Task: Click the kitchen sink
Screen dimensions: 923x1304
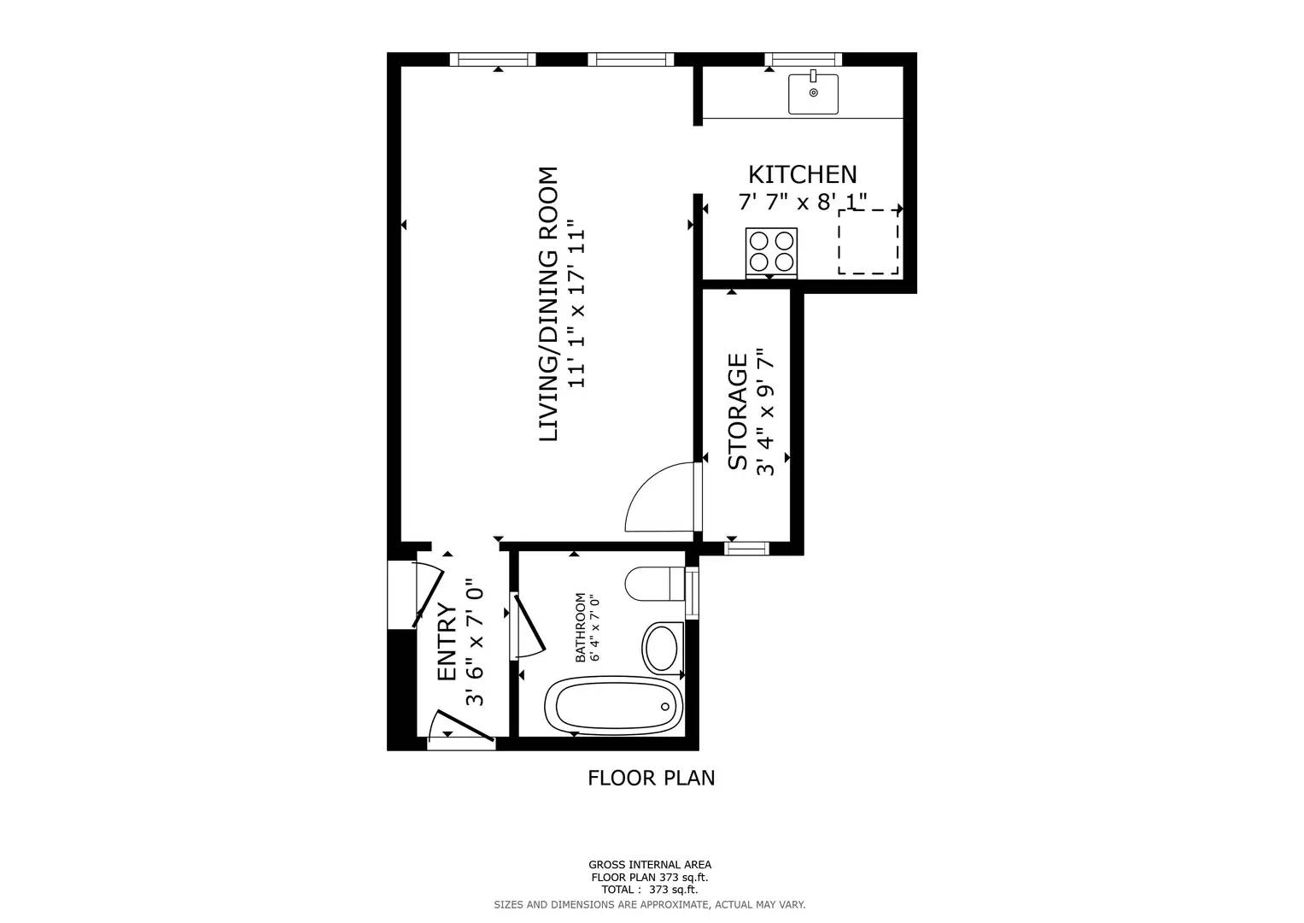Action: click(813, 93)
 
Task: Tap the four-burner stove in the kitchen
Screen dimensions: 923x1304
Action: click(771, 251)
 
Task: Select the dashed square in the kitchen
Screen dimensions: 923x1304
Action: click(868, 242)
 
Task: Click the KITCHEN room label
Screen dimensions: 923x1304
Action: click(802, 174)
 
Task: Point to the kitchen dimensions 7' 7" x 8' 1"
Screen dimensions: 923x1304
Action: click(802, 203)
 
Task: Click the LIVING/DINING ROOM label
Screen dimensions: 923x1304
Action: click(548, 304)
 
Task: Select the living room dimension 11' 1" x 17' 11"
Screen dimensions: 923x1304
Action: click(577, 304)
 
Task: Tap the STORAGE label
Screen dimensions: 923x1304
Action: click(737, 412)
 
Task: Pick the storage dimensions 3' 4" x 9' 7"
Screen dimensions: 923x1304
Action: click(765, 412)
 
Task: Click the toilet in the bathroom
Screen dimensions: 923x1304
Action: click(654, 585)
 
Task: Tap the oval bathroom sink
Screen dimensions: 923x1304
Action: click(663, 647)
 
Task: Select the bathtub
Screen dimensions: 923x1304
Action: click(615, 706)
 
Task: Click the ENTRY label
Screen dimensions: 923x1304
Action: click(446, 642)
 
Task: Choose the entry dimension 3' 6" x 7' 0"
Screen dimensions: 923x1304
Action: click(474, 642)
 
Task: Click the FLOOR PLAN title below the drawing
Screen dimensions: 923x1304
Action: click(651, 778)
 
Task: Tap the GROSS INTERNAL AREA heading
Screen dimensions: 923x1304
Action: click(649, 865)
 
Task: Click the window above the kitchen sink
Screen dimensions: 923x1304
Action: click(803, 59)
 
